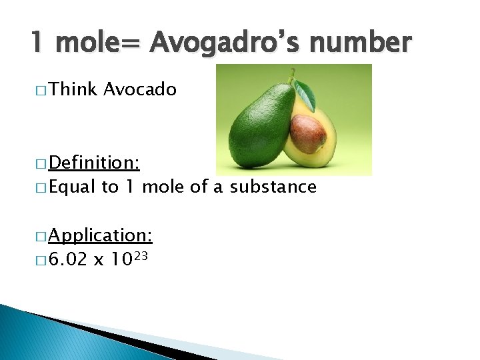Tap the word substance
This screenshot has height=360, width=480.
pos(273,187)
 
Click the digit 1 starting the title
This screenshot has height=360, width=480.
pos(37,43)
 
